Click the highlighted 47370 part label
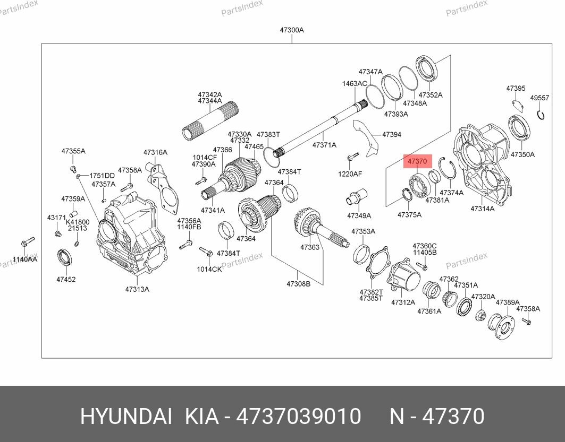(x=417, y=160)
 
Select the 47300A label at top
(x=292, y=30)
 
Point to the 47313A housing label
(x=137, y=289)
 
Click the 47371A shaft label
(x=324, y=145)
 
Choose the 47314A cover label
(x=482, y=209)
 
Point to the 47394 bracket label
(x=392, y=135)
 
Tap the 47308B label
(x=298, y=284)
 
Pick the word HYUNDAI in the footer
(x=126, y=417)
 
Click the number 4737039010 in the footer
(x=298, y=417)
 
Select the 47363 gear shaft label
(x=310, y=247)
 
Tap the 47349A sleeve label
(x=359, y=216)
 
